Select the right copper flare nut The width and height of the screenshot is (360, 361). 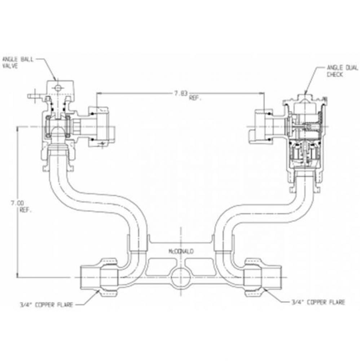(x=255, y=277)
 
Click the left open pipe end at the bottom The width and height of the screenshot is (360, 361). (x=87, y=277)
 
